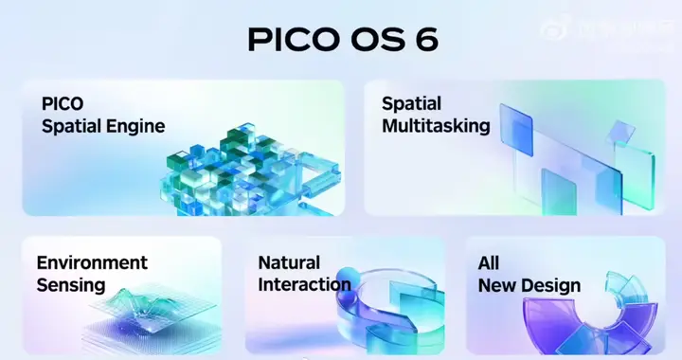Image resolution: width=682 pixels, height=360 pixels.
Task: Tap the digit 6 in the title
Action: [427, 41]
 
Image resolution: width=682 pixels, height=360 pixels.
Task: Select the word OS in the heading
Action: [377, 41]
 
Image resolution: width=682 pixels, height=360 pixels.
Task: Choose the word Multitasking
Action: [436, 126]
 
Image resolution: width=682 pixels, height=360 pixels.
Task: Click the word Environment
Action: [92, 262]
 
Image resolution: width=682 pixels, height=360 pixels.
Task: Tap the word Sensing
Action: [71, 285]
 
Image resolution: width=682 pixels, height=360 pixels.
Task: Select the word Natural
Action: [289, 262]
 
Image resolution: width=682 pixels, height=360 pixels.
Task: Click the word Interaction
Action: [304, 285]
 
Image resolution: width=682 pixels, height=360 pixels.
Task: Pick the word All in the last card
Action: [489, 262]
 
